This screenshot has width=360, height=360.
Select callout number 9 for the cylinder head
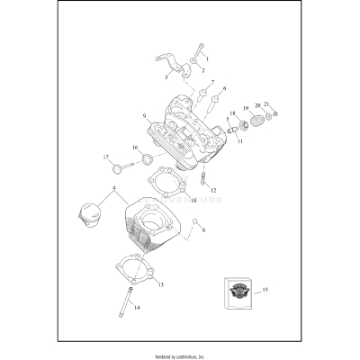click(x=143, y=117)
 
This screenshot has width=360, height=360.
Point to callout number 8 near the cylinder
click(x=203, y=231)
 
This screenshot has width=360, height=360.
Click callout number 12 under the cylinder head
click(x=213, y=190)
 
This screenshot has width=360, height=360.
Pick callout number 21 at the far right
click(x=265, y=106)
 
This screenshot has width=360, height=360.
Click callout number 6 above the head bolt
click(x=224, y=89)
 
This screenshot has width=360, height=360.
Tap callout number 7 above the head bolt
click(x=212, y=84)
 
